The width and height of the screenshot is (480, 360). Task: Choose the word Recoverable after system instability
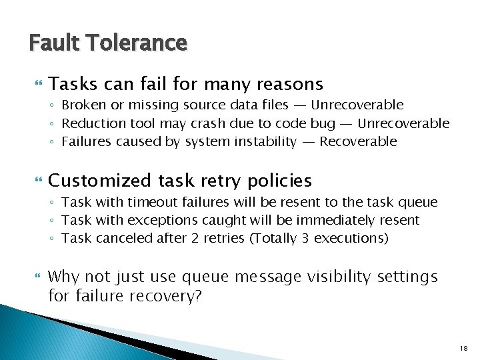coord(358,141)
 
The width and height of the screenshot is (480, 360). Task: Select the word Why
coord(65,276)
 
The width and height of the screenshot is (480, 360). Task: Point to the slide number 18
coord(464,347)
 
